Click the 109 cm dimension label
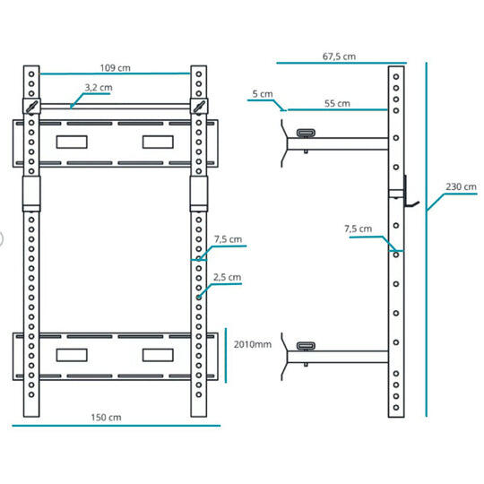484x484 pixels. [115, 68]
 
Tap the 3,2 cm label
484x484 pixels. [99, 88]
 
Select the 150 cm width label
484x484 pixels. [106, 418]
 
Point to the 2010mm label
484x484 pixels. [253, 344]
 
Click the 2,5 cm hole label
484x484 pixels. [227, 277]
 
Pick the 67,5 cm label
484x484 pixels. [339, 56]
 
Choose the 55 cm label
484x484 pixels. [337, 103]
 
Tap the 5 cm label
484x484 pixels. [263, 94]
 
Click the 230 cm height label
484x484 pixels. [462, 186]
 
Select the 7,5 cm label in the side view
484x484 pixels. [358, 229]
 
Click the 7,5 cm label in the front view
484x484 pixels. [229, 239]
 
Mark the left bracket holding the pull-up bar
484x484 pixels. [31, 106]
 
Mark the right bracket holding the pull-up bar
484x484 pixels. [199, 106]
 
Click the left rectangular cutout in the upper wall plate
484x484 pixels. [72, 142]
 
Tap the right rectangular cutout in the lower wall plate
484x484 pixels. [158, 355]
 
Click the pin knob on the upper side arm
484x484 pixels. [306, 133]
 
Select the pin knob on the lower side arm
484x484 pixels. [306, 346]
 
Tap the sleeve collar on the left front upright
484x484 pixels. [31, 194]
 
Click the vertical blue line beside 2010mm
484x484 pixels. [226, 355]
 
